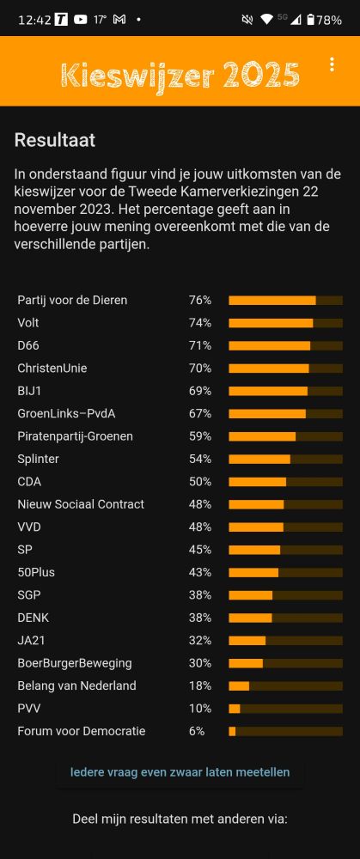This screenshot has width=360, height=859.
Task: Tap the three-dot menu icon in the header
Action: [332, 64]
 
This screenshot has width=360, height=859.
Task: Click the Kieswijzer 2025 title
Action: [180, 76]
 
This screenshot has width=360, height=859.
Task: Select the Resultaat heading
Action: [55, 140]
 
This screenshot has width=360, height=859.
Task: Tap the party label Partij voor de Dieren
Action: [72, 300]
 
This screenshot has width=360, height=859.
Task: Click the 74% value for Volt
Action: [200, 323]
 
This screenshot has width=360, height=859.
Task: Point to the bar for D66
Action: [285, 345]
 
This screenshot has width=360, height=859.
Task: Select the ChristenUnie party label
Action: [52, 368]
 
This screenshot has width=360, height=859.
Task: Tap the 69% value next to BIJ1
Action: [200, 391]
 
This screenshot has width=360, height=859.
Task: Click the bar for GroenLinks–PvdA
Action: [285, 413]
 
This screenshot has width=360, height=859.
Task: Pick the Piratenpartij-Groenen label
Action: [75, 436]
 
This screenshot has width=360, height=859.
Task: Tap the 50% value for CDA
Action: [200, 482]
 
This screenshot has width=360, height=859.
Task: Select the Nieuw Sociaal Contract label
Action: [81, 504]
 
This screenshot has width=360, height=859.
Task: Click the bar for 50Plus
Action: [285, 572]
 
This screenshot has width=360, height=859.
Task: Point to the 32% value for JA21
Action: [200, 640]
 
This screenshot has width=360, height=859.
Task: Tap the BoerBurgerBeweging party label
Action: [75, 663]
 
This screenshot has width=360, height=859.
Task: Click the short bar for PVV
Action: [285, 709]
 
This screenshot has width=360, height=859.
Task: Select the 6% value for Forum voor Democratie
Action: [197, 731]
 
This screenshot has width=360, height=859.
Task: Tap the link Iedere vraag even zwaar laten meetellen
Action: [180, 772]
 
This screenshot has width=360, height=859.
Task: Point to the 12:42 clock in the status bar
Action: [34, 20]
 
